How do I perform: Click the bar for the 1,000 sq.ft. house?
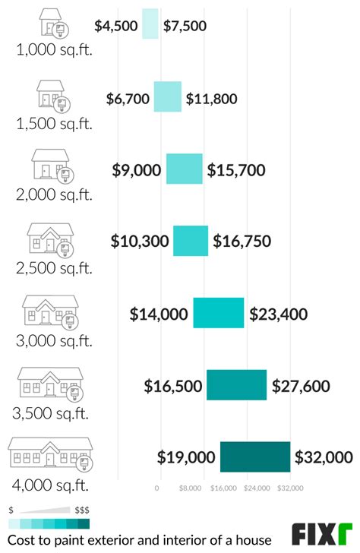coord(150,25)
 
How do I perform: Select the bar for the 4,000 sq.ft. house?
coord(255,457)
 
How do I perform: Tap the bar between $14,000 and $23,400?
coord(219,313)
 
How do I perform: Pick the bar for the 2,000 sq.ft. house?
coord(185,169)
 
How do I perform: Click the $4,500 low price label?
coord(116,26)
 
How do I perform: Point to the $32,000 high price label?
coord(324,457)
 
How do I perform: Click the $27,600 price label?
coord(301,386)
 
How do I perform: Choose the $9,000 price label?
coord(137,170)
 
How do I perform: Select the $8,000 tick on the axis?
coord(191,488)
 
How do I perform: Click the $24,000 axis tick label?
coord(257,488)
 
